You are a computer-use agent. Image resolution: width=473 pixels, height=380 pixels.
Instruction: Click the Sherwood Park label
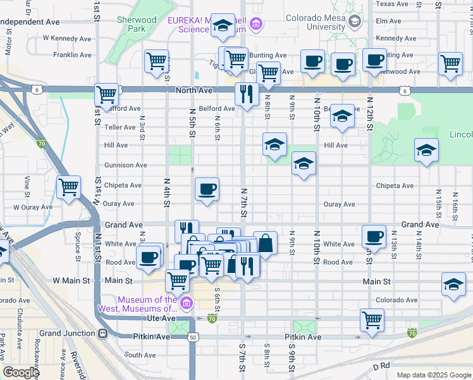point(137,24)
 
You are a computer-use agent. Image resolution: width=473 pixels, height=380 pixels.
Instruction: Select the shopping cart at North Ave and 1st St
point(107,95)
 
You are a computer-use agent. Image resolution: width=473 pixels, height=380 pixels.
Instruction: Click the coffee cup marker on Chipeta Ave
point(207,189)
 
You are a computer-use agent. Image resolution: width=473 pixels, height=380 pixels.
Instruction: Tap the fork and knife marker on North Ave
point(246,94)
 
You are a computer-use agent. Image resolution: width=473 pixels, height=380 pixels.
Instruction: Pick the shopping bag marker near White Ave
point(265,243)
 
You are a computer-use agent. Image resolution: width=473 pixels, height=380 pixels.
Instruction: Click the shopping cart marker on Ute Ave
point(372,319)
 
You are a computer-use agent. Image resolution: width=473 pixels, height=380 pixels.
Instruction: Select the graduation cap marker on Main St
point(453,284)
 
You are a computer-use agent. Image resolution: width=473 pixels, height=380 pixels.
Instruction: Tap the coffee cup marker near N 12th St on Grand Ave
point(374,237)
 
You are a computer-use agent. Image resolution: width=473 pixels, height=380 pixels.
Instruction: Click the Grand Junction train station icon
point(102,333)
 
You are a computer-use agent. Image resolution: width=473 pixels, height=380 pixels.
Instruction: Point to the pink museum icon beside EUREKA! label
point(256,25)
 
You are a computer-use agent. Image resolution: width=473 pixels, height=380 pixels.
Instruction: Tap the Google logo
point(20,372)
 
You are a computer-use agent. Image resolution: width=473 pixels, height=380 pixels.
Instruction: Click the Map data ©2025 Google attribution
point(433,375)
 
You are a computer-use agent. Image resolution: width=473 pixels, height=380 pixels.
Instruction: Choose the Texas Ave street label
point(393,4)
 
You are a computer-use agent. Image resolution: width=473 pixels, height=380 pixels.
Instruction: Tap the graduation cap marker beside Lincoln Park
point(427,150)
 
